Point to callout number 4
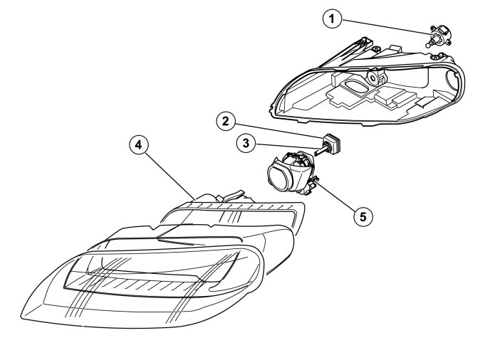(139, 145)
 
